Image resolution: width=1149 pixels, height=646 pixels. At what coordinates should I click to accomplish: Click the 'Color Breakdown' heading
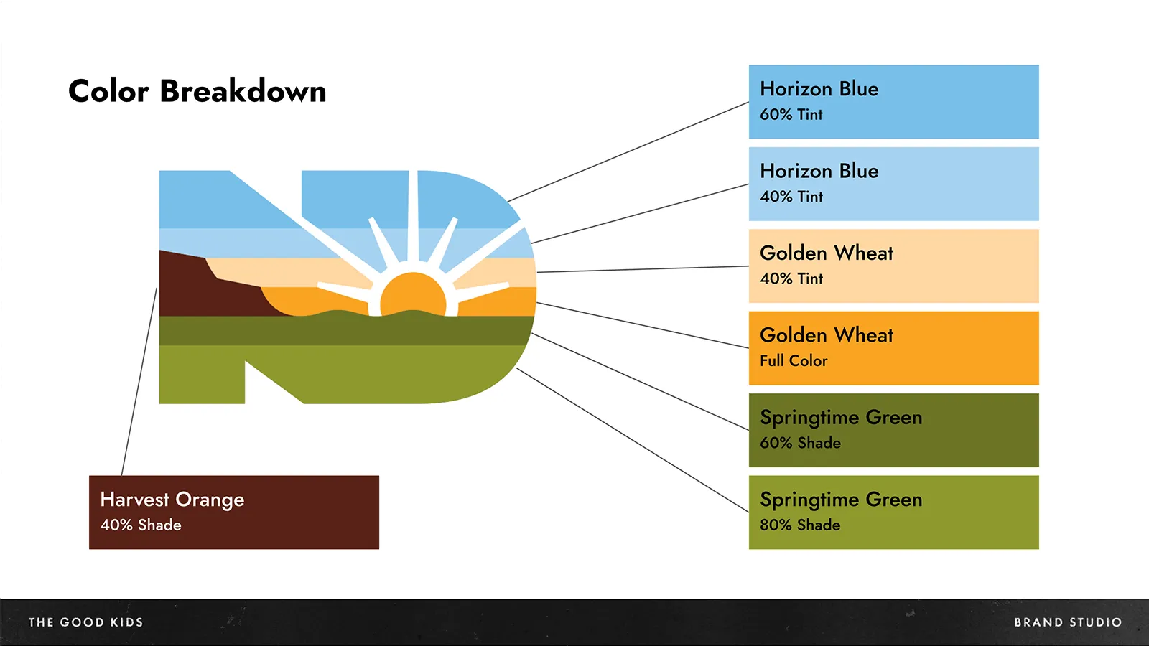click(x=197, y=91)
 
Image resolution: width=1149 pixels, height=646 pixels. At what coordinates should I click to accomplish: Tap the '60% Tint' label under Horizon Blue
click(x=791, y=114)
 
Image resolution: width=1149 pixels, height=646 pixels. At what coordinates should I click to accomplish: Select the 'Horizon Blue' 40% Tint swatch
click(x=893, y=184)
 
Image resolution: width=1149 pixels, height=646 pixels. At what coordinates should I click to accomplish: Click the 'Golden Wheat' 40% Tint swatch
click(x=893, y=266)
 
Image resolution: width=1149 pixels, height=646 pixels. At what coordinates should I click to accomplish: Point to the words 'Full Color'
click(x=794, y=360)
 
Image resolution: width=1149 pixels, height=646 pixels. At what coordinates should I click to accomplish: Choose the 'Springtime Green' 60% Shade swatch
click(x=893, y=430)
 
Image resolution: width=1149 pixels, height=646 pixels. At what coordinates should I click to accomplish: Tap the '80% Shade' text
click(x=800, y=525)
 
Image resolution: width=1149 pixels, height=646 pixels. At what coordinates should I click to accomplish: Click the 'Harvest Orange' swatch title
click(x=172, y=500)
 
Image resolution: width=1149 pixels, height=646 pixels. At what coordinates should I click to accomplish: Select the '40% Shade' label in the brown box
click(x=141, y=525)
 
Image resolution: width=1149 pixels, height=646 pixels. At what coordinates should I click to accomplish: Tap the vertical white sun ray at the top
click(x=413, y=215)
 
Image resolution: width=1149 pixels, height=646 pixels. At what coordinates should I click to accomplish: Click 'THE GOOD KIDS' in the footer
click(x=85, y=622)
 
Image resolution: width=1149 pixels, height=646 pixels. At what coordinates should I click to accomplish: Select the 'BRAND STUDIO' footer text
click(x=1068, y=622)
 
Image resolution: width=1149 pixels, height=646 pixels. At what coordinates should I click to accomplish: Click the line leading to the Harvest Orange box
click(x=139, y=382)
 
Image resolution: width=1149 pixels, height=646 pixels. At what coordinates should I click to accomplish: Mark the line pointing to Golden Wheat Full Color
click(x=643, y=325)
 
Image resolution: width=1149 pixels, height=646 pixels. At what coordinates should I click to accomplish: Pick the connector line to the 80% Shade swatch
click(x=633, y=440)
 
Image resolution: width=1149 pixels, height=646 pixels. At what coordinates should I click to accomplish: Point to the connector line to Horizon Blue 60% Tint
click(x=628, y=151)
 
